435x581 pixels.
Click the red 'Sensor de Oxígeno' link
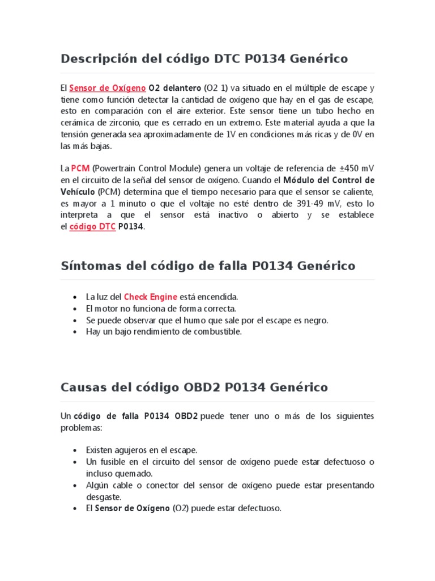(x=108, y=88)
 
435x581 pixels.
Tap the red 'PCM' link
(x=80, y=169)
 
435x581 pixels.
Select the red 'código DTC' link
(x=92, y=226)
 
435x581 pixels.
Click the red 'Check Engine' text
(x=150, y=297)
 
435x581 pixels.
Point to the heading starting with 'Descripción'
(x=204, y=58)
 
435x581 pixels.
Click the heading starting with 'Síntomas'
(x=208, y=265)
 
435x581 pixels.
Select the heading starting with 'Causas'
(x=194, y=387)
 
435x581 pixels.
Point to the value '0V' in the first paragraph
(x=356, y=134)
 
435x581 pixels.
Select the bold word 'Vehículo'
(x=78, y=192)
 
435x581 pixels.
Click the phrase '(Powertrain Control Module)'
(x=145, y=169)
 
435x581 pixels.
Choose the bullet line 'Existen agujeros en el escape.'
(x=142, y=450)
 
